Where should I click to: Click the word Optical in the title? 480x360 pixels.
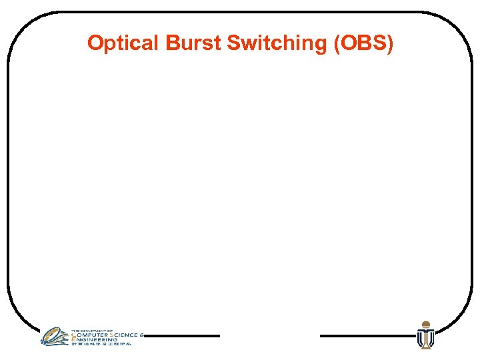point(121,44)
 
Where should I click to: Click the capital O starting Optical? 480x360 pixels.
point(95,43)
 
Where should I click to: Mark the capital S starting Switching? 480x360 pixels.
point(233,43)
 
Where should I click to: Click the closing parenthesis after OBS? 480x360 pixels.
point(390,44)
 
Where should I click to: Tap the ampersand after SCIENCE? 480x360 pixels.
point(142,335)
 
